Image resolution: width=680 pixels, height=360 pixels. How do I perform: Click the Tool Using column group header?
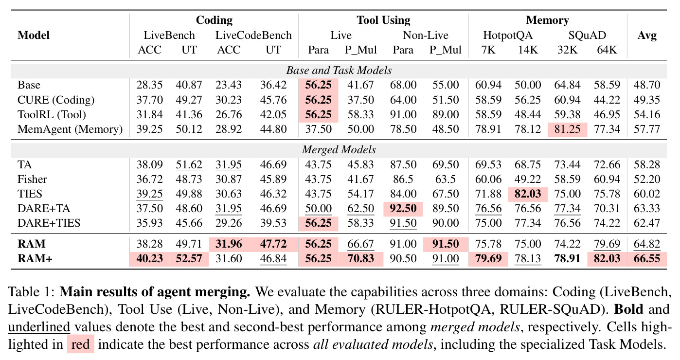tap(383, 20)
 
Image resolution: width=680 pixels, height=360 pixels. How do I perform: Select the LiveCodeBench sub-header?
tap(253, 35)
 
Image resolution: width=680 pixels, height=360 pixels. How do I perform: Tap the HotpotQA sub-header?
tap(508, 36)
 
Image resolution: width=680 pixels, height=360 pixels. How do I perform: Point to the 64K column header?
tap(607, 50)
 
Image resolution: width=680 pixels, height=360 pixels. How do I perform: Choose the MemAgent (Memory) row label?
tap(70, 129)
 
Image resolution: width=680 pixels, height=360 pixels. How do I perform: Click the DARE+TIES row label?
tap(49, 223)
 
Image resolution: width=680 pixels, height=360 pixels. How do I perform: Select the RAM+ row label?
tap(35, 259)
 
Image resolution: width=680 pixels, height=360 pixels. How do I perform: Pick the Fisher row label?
tap(32, 180)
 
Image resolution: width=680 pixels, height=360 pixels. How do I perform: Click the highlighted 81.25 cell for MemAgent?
tap(567, 129)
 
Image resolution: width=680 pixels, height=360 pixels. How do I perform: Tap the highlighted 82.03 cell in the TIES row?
tap(528, 194)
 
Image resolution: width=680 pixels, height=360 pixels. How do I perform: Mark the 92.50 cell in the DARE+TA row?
tap(403, 209)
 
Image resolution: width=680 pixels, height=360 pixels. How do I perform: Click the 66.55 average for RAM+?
tap(647, 259)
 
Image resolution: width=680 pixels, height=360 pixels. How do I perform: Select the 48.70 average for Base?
tap(647, 85)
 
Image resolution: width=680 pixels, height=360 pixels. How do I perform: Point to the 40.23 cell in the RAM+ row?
tap(150, 259)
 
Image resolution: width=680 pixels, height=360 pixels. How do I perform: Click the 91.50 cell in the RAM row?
tap(446, 244)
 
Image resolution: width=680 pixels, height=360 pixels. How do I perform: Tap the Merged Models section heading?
tap(339, 150)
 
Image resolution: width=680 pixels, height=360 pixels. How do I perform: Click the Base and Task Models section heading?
tap(339, 71)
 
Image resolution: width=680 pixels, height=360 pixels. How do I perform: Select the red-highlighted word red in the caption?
tap(80, 344)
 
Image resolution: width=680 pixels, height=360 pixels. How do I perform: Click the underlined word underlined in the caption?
tap(39, 327)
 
